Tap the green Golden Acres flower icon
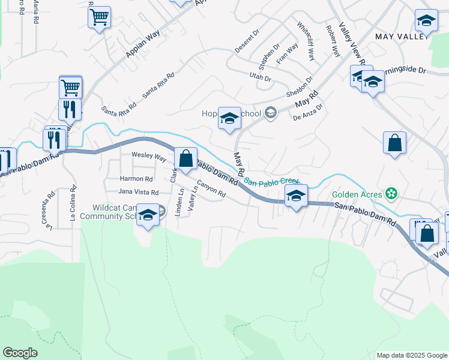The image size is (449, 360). tap(391, 194)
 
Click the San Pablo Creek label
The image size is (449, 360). tap(272, 181)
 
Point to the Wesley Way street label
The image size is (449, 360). tap(149, 157)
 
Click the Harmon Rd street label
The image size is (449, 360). tap(136, 179)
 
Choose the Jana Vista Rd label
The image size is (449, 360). tap(138, 192)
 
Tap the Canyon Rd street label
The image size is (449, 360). tap(211, 190)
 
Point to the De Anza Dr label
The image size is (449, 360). tap(308, 112)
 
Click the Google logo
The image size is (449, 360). tap(20, 353)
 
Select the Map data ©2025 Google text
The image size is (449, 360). tap(411, 355)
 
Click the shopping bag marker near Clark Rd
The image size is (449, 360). tap(186, 159)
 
